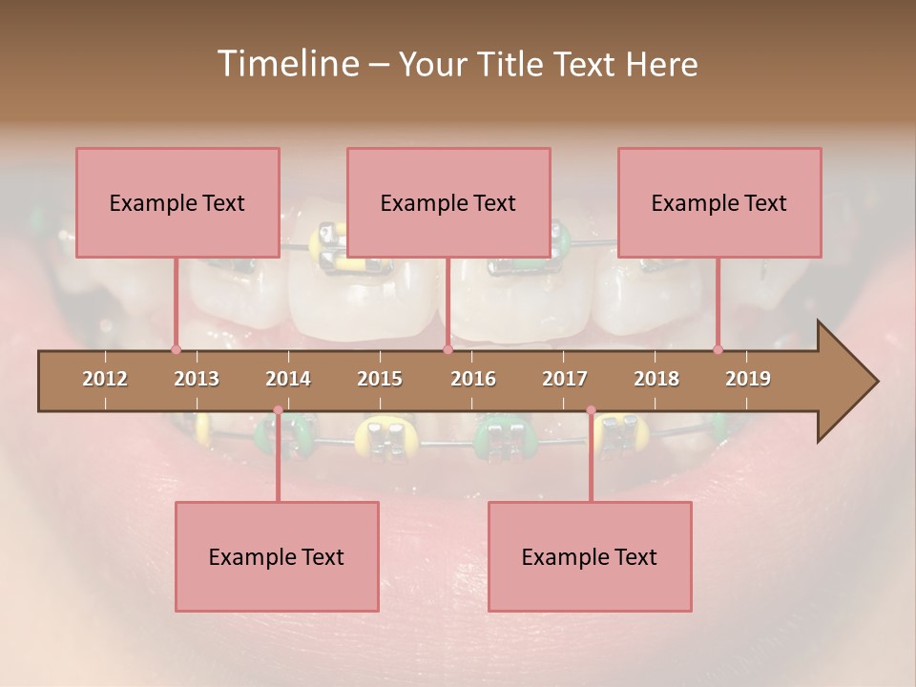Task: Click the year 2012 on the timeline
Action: pos(105,379)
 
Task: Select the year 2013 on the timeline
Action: pos(197,379)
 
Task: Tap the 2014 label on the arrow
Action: pos(288,379)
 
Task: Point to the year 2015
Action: pos(380,379)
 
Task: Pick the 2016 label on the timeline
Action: pos(473,379)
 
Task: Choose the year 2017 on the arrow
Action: pos(565,379)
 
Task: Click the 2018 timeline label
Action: pos(656,379)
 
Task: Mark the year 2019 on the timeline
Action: pos(748,379)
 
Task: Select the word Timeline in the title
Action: pos(286,64)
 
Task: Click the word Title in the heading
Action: pos(512,65)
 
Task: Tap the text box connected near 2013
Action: pos(177,202)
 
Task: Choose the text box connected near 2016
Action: pos(448,202)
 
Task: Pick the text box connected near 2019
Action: pos(719,202)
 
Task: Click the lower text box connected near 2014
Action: pos(277,556)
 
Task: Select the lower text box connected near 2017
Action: pos(590,556)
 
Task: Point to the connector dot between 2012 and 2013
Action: pos(176,349)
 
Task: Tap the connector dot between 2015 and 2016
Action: pos(448,349)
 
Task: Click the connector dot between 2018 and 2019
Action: pos(718,349)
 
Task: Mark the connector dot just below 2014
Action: pos(278,410)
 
